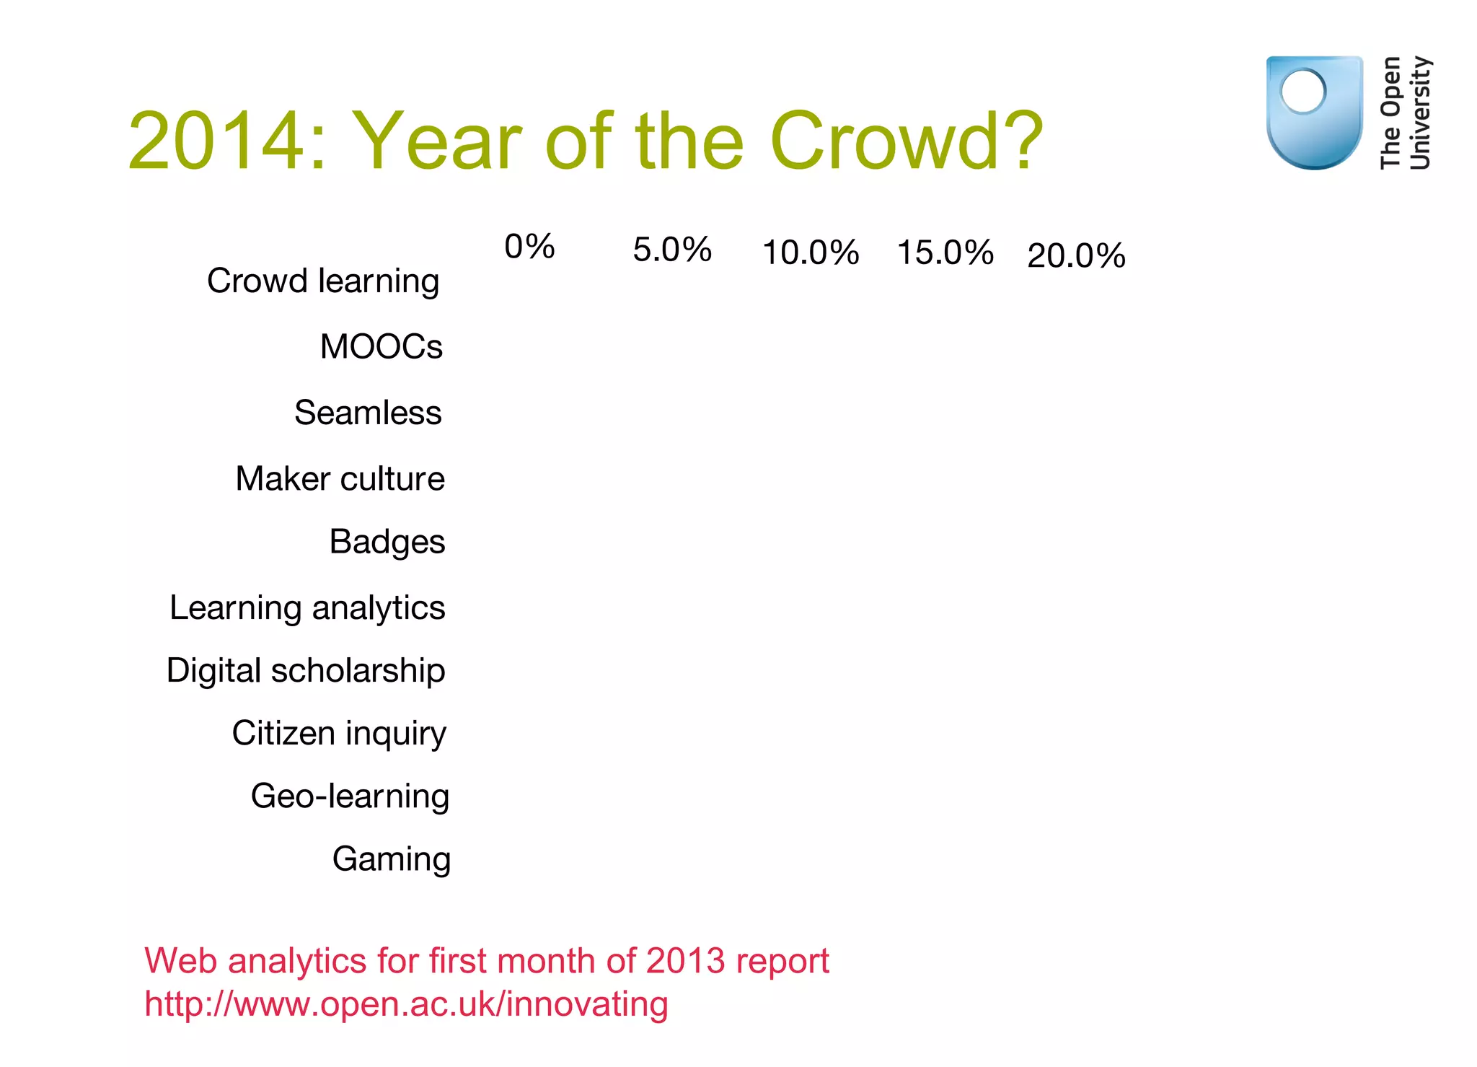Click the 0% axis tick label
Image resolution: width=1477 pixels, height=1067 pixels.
point(529,247)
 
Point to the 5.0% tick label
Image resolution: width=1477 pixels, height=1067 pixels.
point(672,250)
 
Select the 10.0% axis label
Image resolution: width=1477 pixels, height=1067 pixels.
point(811,253)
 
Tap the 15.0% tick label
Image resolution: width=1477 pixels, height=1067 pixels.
point(945,253)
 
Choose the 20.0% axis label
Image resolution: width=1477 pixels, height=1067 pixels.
point(1076,255)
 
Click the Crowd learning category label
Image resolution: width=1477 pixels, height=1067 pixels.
point(323,281)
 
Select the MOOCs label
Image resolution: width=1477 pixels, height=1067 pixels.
point(381,346)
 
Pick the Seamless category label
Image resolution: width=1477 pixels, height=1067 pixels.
point(368,413)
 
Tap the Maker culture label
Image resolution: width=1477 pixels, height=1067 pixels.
point(340,478)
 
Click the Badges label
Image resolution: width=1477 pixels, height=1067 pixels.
point(387,542)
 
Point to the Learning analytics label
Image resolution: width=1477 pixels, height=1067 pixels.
point(307,607)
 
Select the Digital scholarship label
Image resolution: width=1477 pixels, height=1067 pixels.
point(306,670)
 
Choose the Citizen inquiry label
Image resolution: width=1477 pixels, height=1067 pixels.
point(339,733)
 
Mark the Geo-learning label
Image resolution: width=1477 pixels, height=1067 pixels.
point(350,796)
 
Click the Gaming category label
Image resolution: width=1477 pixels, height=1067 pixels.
point(392,859)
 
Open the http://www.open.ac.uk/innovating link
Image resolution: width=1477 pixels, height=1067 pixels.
point(406,1004)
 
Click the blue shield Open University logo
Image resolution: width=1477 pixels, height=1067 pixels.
point(1314,113)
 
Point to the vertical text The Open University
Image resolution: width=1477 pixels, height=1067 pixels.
point(1405,113)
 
